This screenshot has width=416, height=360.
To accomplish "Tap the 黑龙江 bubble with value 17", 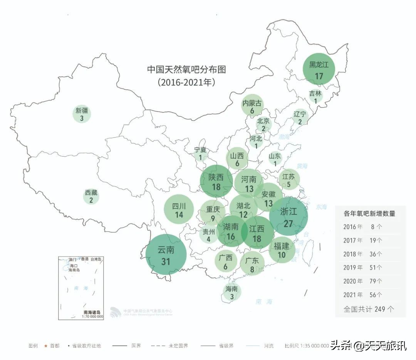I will pos(319,69).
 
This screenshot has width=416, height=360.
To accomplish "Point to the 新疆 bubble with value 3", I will pos(82,114).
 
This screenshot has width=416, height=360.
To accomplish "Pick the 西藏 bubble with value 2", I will pos(91,196).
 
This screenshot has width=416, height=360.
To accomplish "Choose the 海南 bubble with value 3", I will pos(232,292).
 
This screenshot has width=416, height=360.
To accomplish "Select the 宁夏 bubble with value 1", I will pos(200,154).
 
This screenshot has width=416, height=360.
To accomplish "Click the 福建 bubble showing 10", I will pos(282,249).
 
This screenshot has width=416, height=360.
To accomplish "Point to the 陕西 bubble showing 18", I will pos(216,181).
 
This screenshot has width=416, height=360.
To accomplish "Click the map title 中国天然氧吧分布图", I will pos(186,70).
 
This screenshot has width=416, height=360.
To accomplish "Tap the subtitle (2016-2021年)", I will pos(186,82).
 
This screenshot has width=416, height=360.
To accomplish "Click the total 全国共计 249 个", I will pos(369,309).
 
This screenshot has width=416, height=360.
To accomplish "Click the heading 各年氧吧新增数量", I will pos(369,213).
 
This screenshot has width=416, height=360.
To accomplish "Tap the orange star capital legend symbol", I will pos(46,346).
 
